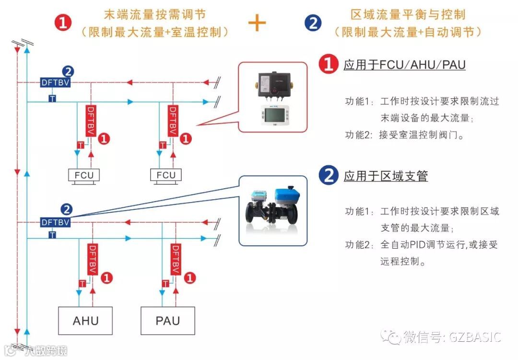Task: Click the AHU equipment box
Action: tap(85, 321)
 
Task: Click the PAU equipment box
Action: tap(168, 321)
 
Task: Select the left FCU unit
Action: tap(84, 175)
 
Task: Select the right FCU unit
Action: tap(166, 175)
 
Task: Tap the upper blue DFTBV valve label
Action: tap(56, 83)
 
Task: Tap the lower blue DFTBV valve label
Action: tap(56, 222)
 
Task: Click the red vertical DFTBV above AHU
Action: tap(92, 259)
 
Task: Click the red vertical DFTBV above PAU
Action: tap(175, 259)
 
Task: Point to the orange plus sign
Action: tap(257, 23)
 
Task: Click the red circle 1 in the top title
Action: tap(63, 23)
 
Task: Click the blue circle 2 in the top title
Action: tap(313, 23)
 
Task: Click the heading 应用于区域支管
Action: tap(386, 176)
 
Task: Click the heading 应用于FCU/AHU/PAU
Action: tap(404, 65)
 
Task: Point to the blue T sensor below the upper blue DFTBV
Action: tap(52, 98)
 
